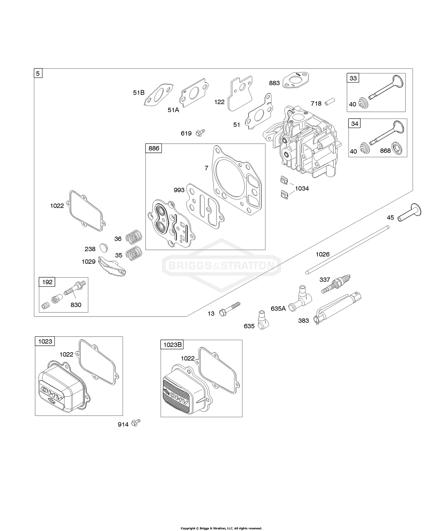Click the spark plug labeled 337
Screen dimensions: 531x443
[336, 284]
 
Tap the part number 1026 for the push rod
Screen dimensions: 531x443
[323, 254]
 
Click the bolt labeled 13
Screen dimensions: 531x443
[230, 308]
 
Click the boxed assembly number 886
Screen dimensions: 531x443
[154, 148]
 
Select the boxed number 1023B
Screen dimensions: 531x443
[172, 345]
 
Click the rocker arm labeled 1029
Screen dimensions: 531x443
[113, 265]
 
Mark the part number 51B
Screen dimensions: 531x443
[139, 93]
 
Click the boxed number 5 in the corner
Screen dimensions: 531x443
[38, 73]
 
